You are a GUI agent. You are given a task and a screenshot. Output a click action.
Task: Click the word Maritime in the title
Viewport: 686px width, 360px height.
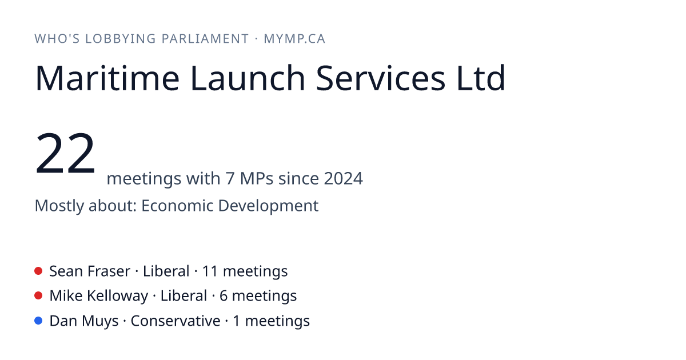[107, 78]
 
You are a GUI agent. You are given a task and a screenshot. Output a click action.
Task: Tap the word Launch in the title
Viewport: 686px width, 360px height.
[248, 78]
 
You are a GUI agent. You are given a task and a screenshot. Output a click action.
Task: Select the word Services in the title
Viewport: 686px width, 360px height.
[380, 78]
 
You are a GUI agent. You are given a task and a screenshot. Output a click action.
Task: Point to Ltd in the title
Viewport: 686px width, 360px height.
[481, 78]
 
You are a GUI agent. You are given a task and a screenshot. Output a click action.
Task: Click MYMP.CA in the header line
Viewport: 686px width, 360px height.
[294, 39]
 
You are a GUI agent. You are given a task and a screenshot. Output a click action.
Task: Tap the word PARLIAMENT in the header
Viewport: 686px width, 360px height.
[205, 39]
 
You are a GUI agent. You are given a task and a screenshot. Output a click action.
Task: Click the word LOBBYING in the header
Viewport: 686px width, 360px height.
[121, 39]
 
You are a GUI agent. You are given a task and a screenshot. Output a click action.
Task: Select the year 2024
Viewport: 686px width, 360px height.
[344, 178]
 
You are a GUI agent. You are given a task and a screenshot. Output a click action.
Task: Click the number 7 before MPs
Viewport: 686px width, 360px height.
[230, 178]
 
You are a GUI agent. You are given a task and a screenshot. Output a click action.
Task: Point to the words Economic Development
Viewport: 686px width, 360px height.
[230, 206]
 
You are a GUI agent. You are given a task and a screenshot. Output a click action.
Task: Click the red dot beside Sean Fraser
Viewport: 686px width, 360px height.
[38, 271]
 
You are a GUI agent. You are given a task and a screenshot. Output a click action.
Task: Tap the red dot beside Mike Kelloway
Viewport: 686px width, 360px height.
[38, 296]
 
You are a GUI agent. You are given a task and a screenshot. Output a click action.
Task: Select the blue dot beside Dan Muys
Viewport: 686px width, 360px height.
[38, 321]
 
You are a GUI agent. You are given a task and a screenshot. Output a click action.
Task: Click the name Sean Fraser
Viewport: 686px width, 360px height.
[90, 271]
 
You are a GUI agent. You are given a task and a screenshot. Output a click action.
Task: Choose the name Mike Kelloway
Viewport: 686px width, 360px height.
[98, 296]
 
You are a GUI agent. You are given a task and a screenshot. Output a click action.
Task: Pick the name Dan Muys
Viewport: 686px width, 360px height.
[84, 321]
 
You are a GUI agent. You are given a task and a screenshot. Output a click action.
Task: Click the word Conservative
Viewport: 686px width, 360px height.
[176, 321]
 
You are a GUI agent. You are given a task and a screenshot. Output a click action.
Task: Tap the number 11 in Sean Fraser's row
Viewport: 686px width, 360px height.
[210, 271]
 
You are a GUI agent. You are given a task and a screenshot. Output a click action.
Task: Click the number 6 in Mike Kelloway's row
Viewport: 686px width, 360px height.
[224, 296]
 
